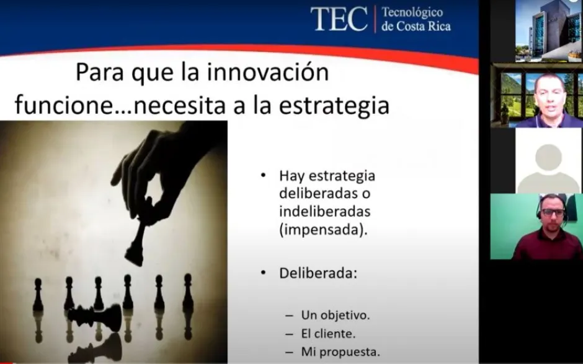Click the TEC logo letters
point(339,19)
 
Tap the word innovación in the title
point(268,72)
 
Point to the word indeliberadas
point(324,211)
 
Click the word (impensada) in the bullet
point(323,230)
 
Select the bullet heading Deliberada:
point(318,273)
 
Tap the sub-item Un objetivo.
point(336,315)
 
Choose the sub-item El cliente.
point(328,334)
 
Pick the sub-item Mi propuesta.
point(340,352)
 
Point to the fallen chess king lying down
point(95,317)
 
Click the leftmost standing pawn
point(38,295)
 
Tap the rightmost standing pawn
point(188,292)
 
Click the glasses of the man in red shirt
point(553,213)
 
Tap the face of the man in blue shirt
point(549,95)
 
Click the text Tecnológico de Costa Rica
point(416,19)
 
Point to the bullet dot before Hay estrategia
point(263,175)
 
